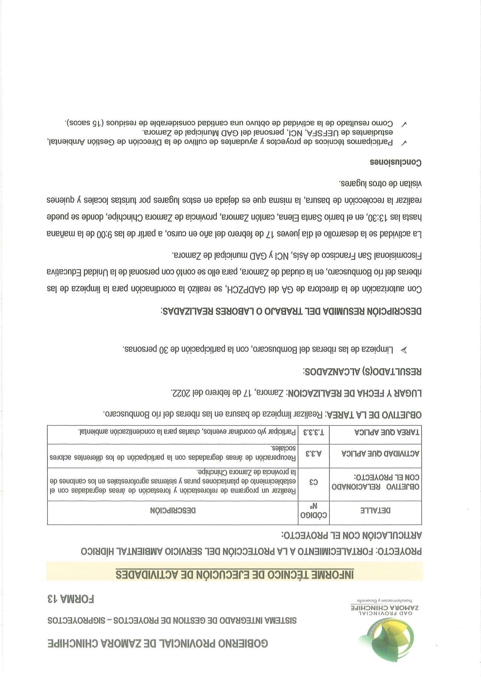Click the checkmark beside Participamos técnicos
403,143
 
